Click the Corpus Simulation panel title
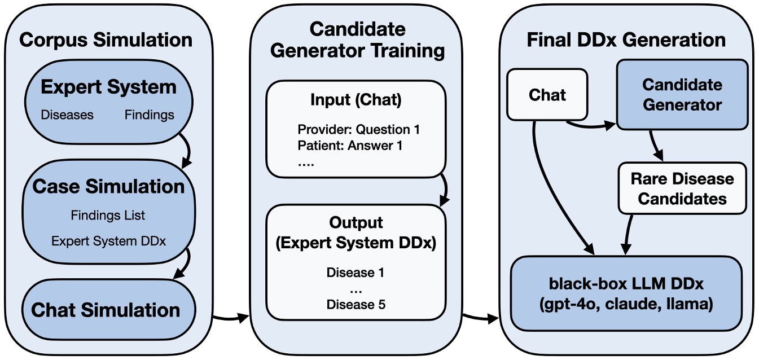(106, 40)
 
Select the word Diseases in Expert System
(67, 115)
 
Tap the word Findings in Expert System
(150, 115)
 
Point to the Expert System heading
(108, 87)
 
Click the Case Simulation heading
(108, 187)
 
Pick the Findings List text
(108, 216)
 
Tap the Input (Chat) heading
(356, 100)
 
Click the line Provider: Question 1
(359, 130)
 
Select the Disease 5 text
(356, 305)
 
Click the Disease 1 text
(356, 273)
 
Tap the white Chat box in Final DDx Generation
(547, 95)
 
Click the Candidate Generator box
(682, 95)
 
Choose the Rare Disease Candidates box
(682, 189)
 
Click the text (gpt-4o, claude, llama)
(626, 305)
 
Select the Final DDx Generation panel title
(626, 40)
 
